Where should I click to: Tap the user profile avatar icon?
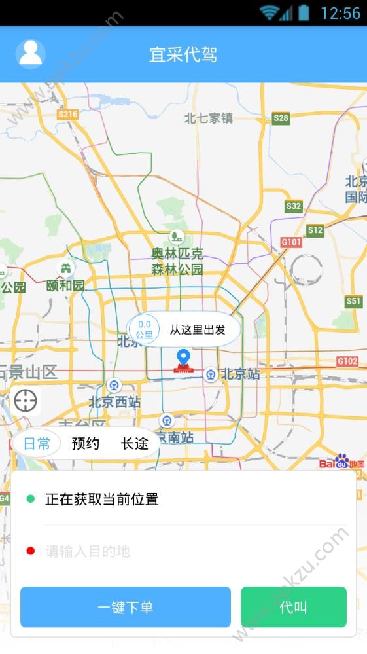click(30, 54)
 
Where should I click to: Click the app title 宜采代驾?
click(183, 54)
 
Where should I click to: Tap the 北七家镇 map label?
click(209, 118)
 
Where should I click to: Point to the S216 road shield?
click(67, 115)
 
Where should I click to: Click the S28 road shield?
click(281, 118)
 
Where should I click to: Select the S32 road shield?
click(294, 206)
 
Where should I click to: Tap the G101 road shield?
click(291, 242)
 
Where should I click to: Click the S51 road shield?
click(354, 301)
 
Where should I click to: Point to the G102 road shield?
click(347, 361)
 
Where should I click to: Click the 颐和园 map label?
click(65, 285)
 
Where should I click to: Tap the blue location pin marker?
click(183, 357)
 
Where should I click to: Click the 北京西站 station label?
click(114, 401)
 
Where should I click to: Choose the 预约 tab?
click(86, 444)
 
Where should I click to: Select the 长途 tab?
click(134, 444)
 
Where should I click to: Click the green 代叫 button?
click(293, 607)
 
